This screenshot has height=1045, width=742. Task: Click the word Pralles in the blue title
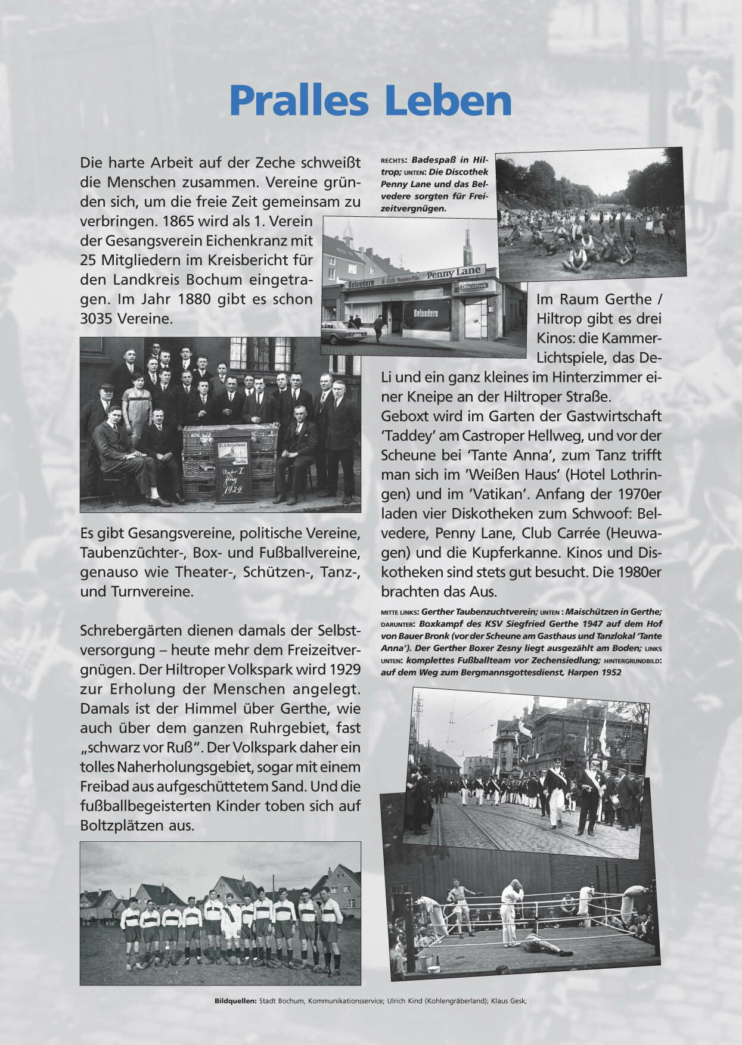tap(299, 101)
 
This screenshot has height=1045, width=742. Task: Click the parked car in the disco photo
tap(343, 332)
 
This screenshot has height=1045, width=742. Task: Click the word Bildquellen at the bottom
tap(235, 1001)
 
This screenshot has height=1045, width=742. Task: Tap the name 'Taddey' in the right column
tap(403, 436)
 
